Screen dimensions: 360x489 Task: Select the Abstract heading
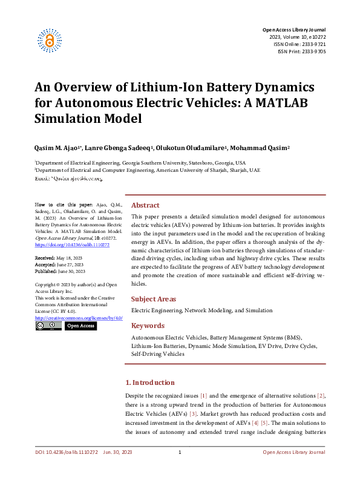(145, 205)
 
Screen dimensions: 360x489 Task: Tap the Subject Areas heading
(154, 299)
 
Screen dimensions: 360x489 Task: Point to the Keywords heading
(148, 326)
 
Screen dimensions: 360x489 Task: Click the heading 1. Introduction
(149, 382)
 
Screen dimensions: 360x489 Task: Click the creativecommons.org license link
(79, 317)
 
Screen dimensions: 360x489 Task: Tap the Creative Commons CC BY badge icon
(48, 326)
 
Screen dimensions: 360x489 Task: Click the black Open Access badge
(80, 326)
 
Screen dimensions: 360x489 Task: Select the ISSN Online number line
(301, 44)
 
